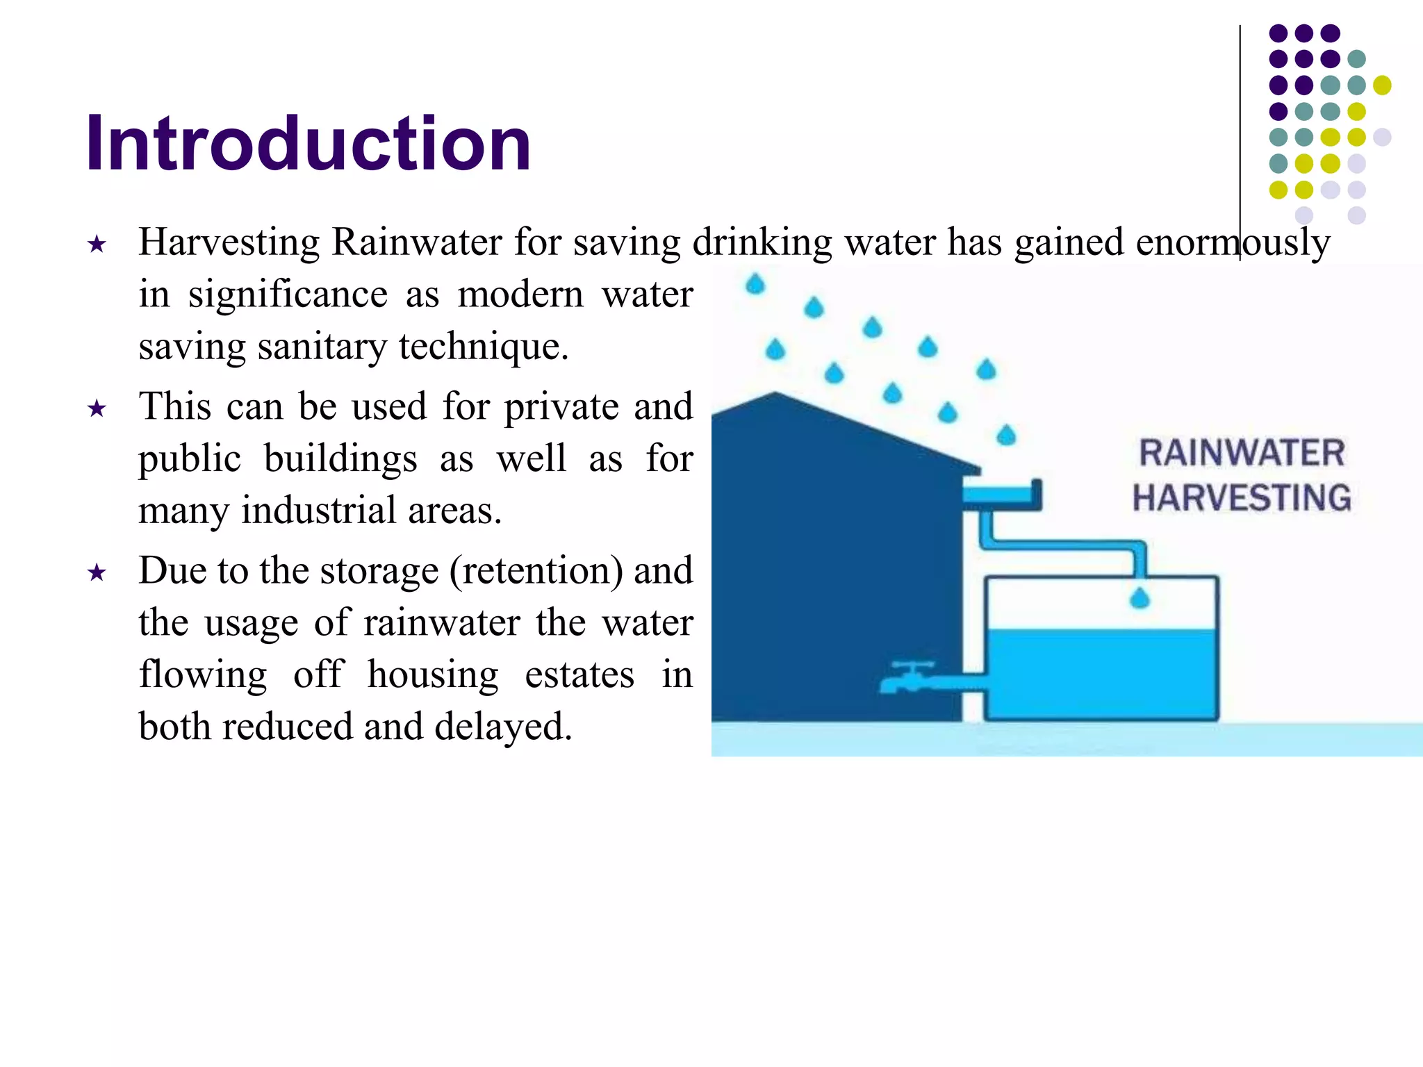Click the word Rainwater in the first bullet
pos(416,242)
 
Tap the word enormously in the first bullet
pos(1233,242)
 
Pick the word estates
pos(579,675)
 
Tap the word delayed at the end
pos(502,727)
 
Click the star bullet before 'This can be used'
pos(97,408)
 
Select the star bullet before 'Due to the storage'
pos(97,573)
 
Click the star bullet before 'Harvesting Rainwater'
pos(97,245)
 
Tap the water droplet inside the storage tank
pos(1140,598)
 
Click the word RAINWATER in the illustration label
pos(1242,453)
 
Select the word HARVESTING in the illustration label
pos(1242,498)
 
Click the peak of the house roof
pos(775,395)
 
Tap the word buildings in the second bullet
pos(340,459)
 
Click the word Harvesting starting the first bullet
pos(229,242)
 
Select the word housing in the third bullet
pos(432,675)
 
